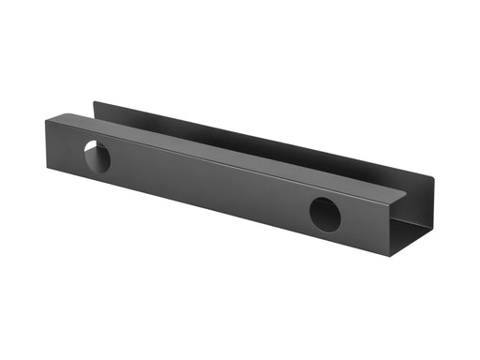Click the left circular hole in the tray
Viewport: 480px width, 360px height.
96,156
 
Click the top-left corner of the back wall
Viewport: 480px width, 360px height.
93,102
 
